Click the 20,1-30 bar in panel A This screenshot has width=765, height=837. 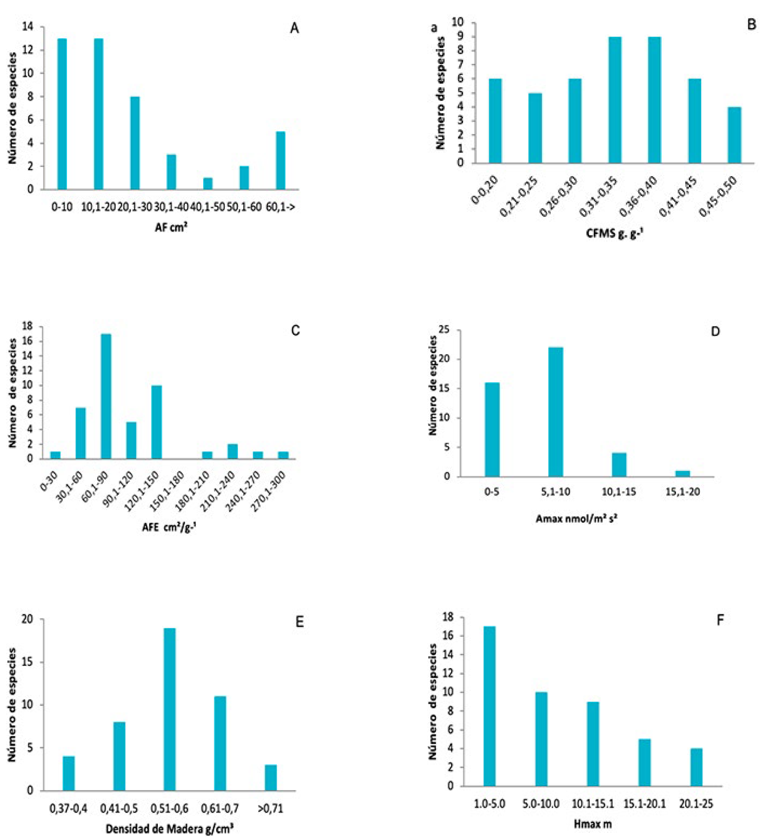pyautogui.click(x=134, y=143)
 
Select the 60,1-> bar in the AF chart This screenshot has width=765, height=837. pyautogui.click(x=280, y=161)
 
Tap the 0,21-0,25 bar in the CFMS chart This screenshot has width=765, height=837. pyautogui.click(x=535, y=128)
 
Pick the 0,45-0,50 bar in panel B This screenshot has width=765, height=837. pyautogui.click(x=734, y=135)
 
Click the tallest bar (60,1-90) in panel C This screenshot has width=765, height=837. pyautogui.click(x=106, y=396)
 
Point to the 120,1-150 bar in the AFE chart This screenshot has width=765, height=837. pyautogui.click(x=156, y=422)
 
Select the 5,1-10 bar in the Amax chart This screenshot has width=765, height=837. pyautogui.click(x=555, y=412)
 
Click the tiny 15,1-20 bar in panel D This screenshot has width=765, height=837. pyautogui.click(x=682, y=474)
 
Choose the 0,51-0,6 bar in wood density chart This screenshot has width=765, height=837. pyautogui.click(x=169, y=709)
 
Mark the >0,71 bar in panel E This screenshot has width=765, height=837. pyautogui.click(x=270, y=777)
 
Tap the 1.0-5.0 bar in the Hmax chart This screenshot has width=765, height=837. pyautogui.click(x=489, y=706)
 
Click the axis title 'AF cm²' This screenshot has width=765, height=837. pyautogui.click(x=171, y=227)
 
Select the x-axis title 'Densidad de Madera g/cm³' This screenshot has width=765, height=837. pyautogui.click(x=169, y=829)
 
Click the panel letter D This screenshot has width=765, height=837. pyautogui.click(x=715, y=331)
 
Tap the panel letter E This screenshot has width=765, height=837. pyautogui.click(x=299, y=622)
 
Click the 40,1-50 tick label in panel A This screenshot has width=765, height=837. pyautogui.click(x=207, y=207)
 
